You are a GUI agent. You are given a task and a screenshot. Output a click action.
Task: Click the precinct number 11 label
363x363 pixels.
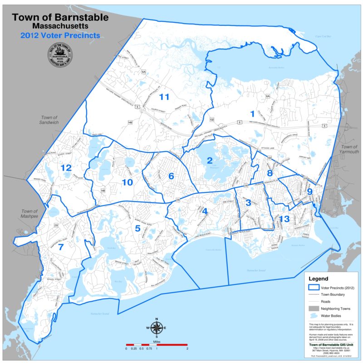tap(164, 97)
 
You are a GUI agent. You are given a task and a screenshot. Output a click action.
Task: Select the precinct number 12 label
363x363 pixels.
tap(66, 168)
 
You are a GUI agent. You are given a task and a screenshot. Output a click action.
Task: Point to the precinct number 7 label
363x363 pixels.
tap(60, 247)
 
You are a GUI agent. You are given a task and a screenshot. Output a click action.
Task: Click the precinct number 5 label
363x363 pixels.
tap(137, 228)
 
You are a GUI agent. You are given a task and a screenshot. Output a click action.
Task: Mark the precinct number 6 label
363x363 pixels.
tap(171, 176)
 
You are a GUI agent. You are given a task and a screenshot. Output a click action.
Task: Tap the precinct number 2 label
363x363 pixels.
tap(210, 160)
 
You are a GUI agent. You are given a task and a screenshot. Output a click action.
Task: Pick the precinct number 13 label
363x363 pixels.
tap(285, 220)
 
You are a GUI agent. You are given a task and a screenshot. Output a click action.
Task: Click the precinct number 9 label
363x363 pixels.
tap(310, 191)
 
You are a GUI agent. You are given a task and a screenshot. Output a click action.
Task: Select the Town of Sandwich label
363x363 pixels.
tap(49, 120)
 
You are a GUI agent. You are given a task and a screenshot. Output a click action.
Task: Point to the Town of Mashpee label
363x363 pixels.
tap(30, 214)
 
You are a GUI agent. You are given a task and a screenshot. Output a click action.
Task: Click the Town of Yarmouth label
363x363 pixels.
tap(350, 150)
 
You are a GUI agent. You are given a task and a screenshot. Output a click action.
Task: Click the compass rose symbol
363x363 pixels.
tap(156, 327)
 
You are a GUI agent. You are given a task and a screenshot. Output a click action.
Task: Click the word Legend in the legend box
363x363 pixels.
tap(322, 278)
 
